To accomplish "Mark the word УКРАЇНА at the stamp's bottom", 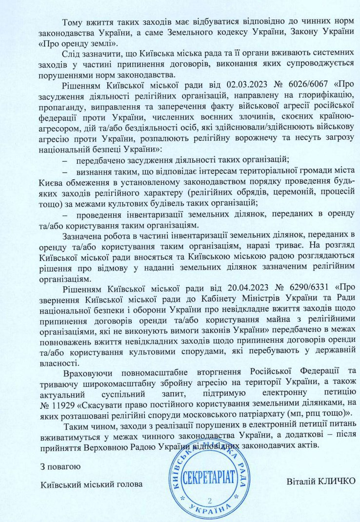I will (210, 512).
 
